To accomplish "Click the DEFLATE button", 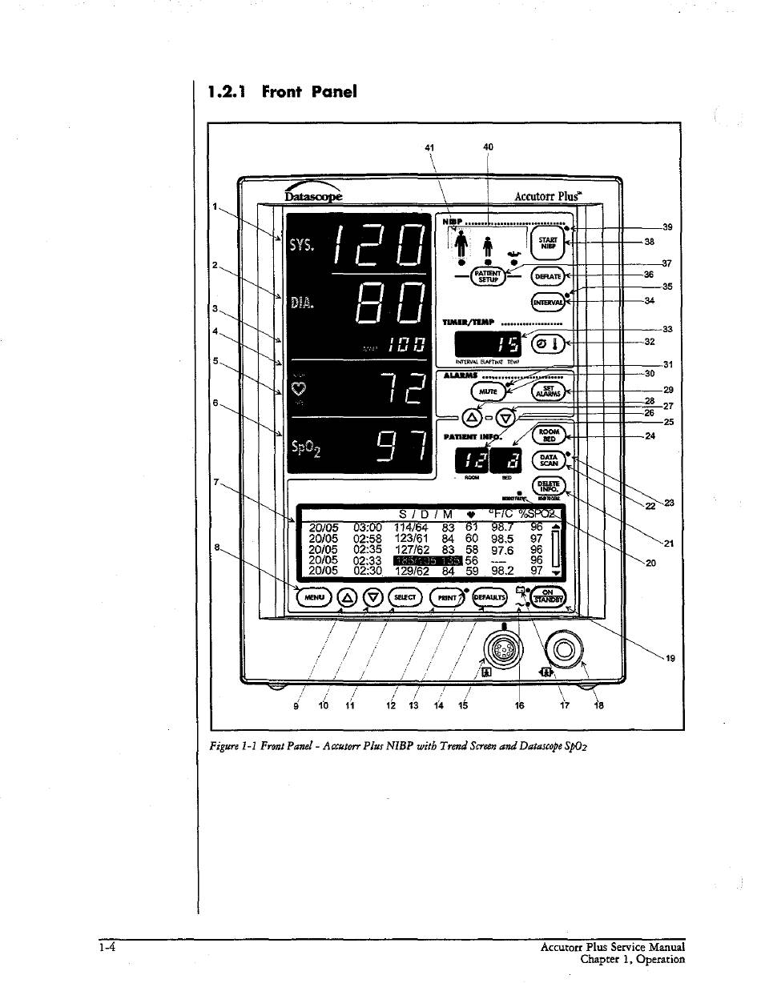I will (548, 276).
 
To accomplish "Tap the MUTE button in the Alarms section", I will (487, 391).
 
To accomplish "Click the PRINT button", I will (447, 597).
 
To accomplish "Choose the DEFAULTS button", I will (491, 597).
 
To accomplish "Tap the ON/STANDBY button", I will (549, 597).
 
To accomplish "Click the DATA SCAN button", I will (549, 460).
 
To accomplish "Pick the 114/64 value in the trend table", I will (414, 527).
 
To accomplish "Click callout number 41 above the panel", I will (430, 147).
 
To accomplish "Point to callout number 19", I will (670, 659).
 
